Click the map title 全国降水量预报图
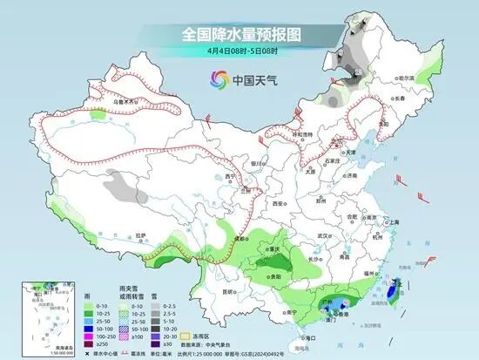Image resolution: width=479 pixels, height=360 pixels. pyautogui.click(x=239, y=35)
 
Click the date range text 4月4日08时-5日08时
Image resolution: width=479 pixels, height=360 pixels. pyautogui.click(x=239, y=51)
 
